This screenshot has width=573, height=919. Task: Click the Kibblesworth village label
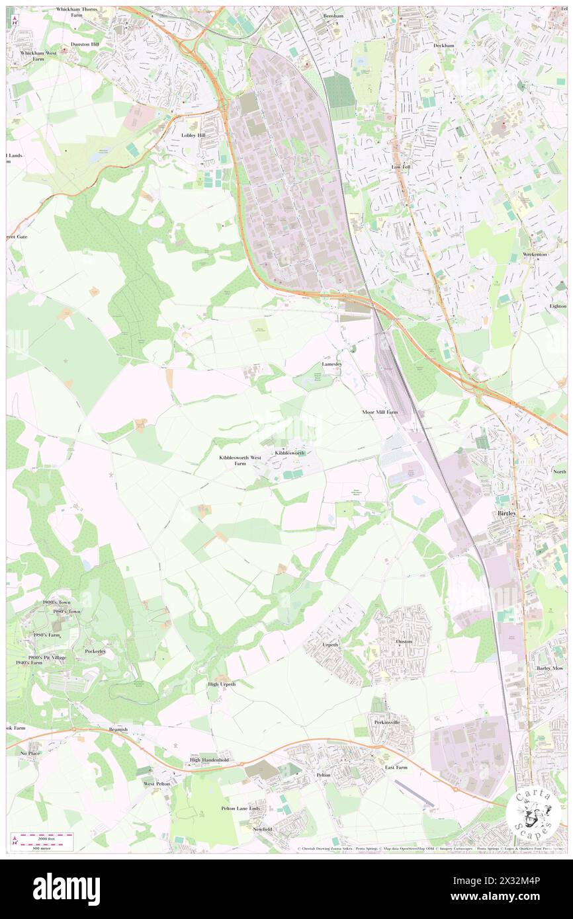(x=290, y=453)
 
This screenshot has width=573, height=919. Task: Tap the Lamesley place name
(x=331, y=364)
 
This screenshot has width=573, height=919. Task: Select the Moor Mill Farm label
(x=380, y=412)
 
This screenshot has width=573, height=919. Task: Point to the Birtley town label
(x=506, y=513)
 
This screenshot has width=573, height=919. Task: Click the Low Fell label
(x=400, y=167)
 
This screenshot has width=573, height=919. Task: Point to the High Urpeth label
(x=222, y=684)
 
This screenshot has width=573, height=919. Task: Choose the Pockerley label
(x=95, y=651)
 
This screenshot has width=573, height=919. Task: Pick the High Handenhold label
(x=208, y=760)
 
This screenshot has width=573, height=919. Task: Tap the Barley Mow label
(x=549, y=669)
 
